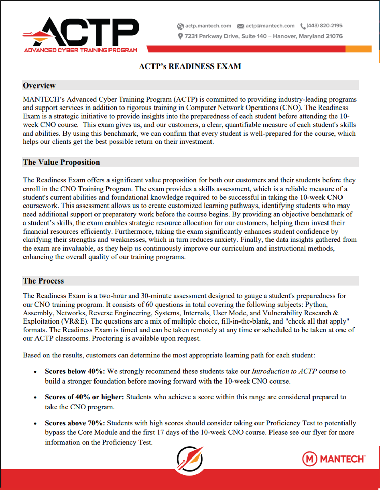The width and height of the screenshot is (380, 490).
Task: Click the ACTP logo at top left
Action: (80, 34)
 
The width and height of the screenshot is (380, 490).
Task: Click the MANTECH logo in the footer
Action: (333, 458)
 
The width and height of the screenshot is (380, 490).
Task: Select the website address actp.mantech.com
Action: (208, 26)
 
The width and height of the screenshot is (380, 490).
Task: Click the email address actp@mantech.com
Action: (270, 26)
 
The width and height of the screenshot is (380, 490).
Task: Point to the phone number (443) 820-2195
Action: (324, 26)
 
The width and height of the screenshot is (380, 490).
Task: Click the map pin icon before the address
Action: (180, 37)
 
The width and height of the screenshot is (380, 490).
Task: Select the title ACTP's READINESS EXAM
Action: (190, 66)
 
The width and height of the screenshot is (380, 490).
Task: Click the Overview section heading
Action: (39, 86)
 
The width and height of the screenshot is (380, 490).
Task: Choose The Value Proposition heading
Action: (61, 162)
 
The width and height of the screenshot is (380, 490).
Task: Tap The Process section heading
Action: (43, 281)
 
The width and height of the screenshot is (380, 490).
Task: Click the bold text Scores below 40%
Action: (75, 372)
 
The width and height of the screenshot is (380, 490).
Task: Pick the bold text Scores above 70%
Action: (75, 423)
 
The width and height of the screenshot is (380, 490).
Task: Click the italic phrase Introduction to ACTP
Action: (284, 372)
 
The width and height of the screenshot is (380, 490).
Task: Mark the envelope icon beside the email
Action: (241, 26)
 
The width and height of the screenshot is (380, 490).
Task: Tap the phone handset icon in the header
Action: (303, 26)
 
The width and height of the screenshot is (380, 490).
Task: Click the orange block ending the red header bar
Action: (358, 49)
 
